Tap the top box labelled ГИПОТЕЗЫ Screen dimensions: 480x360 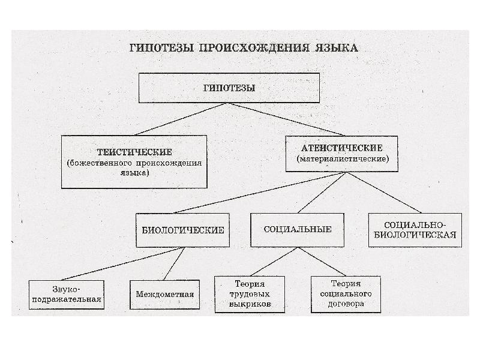click(x=229, y=88)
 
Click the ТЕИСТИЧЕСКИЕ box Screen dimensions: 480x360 click(x=134, y=161)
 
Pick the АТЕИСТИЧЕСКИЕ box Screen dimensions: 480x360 click(x=341, y=154)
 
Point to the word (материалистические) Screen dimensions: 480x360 click(x=343, y=159)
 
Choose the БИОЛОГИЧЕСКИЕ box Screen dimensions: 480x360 click(x=183, y=230)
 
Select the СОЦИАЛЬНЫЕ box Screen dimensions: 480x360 click(x=297, y=230)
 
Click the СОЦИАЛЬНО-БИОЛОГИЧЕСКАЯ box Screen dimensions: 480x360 click(x=415, y=230)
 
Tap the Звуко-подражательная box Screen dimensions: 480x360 click(x=67, y=295)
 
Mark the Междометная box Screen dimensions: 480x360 click(x=164, y=295)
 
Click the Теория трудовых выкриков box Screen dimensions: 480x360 click(x=250, y=295)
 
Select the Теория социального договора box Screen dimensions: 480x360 click(x=346, y=295)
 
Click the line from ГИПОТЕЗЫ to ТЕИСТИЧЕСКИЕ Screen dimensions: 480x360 click(x=181, y=119)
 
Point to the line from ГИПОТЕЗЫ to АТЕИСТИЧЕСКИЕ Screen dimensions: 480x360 click(x=287, y=119)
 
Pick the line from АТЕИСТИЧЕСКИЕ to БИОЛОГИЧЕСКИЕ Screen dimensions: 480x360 click(x=260, y=193)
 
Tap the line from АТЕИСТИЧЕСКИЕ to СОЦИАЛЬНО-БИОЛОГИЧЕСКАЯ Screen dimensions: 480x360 click(x=384, y=193)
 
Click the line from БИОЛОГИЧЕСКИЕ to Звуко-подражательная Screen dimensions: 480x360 click(x=123, y=264)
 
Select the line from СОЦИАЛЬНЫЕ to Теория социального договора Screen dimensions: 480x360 click(x=322, y=262)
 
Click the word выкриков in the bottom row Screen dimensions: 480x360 click(x=250, y=304)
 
